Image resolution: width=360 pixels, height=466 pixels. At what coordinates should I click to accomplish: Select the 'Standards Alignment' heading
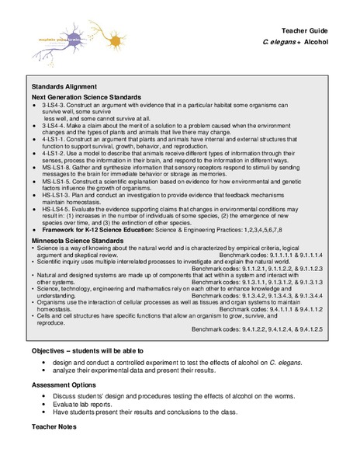pyautogui.click(x=64, y=86)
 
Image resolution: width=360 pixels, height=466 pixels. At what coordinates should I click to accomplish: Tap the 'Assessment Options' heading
pyautogui.click(x=67, y=384)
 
